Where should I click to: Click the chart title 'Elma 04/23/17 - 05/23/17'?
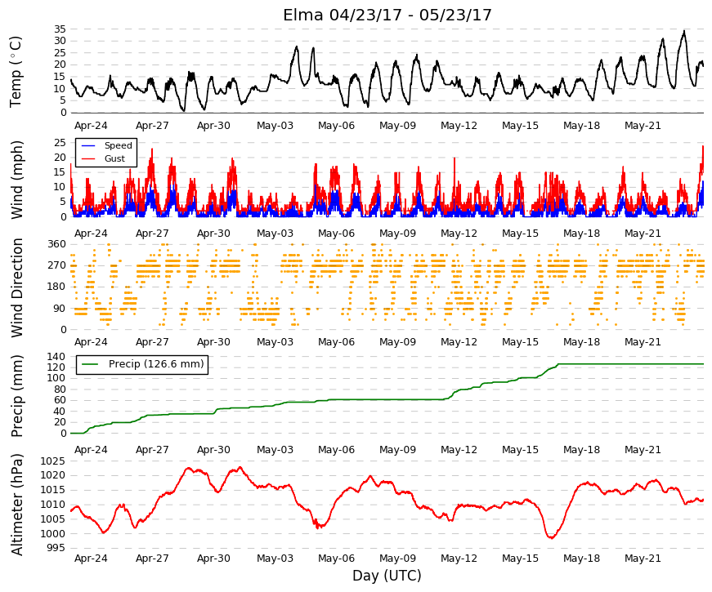pos(387,15)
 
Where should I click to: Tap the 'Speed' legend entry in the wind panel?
pos(118,145)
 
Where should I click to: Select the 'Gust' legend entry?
pos(114,158)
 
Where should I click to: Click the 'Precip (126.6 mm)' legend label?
pos(156,364)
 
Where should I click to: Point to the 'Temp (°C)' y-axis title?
pos(16,72)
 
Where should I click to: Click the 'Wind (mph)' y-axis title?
pos(16,180)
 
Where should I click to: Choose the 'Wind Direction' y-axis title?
pos(16,288)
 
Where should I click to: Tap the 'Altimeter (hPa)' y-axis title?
pos(16,505)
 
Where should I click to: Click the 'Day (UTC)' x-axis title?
pos(387,576)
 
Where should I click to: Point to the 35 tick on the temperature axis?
pos(60,29)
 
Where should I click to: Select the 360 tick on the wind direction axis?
pos(57,244)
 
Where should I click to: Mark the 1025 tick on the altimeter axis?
pos(53,461)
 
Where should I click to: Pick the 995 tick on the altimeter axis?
pos(56,548)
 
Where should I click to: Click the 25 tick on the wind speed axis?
pos(60,143)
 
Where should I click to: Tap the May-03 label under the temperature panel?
pos(275,126)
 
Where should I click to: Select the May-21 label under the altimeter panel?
pos(643,559)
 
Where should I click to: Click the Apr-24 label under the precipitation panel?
pos(91,450)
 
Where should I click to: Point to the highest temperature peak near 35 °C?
pos(684,31)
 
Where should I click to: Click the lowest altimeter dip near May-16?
pos(551,538)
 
